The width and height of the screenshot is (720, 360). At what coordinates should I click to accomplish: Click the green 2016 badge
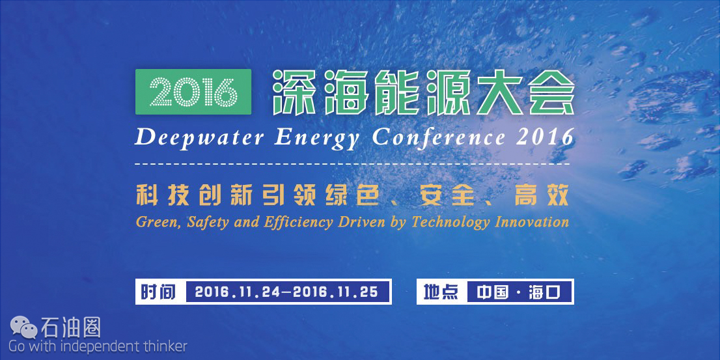coord(193,91)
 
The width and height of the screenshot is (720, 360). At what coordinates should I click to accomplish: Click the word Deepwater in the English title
coord(199,138)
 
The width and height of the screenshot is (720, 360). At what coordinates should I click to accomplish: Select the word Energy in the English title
coord(317,138)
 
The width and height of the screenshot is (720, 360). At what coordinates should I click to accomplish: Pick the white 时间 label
coord(158,292)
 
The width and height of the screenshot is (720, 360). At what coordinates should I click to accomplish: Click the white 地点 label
coord(441,292)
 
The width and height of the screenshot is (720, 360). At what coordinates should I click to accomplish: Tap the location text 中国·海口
coord(518,292)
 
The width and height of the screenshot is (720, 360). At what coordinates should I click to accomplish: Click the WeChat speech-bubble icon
coord(24,327)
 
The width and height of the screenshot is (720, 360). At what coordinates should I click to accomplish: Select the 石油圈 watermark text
coord(71,327)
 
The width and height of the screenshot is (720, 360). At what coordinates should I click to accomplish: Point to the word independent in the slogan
coord(95,346)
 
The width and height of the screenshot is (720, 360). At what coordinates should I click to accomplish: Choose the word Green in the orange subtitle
coord(151,222)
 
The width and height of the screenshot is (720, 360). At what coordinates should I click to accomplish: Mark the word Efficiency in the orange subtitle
coord(299,223)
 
